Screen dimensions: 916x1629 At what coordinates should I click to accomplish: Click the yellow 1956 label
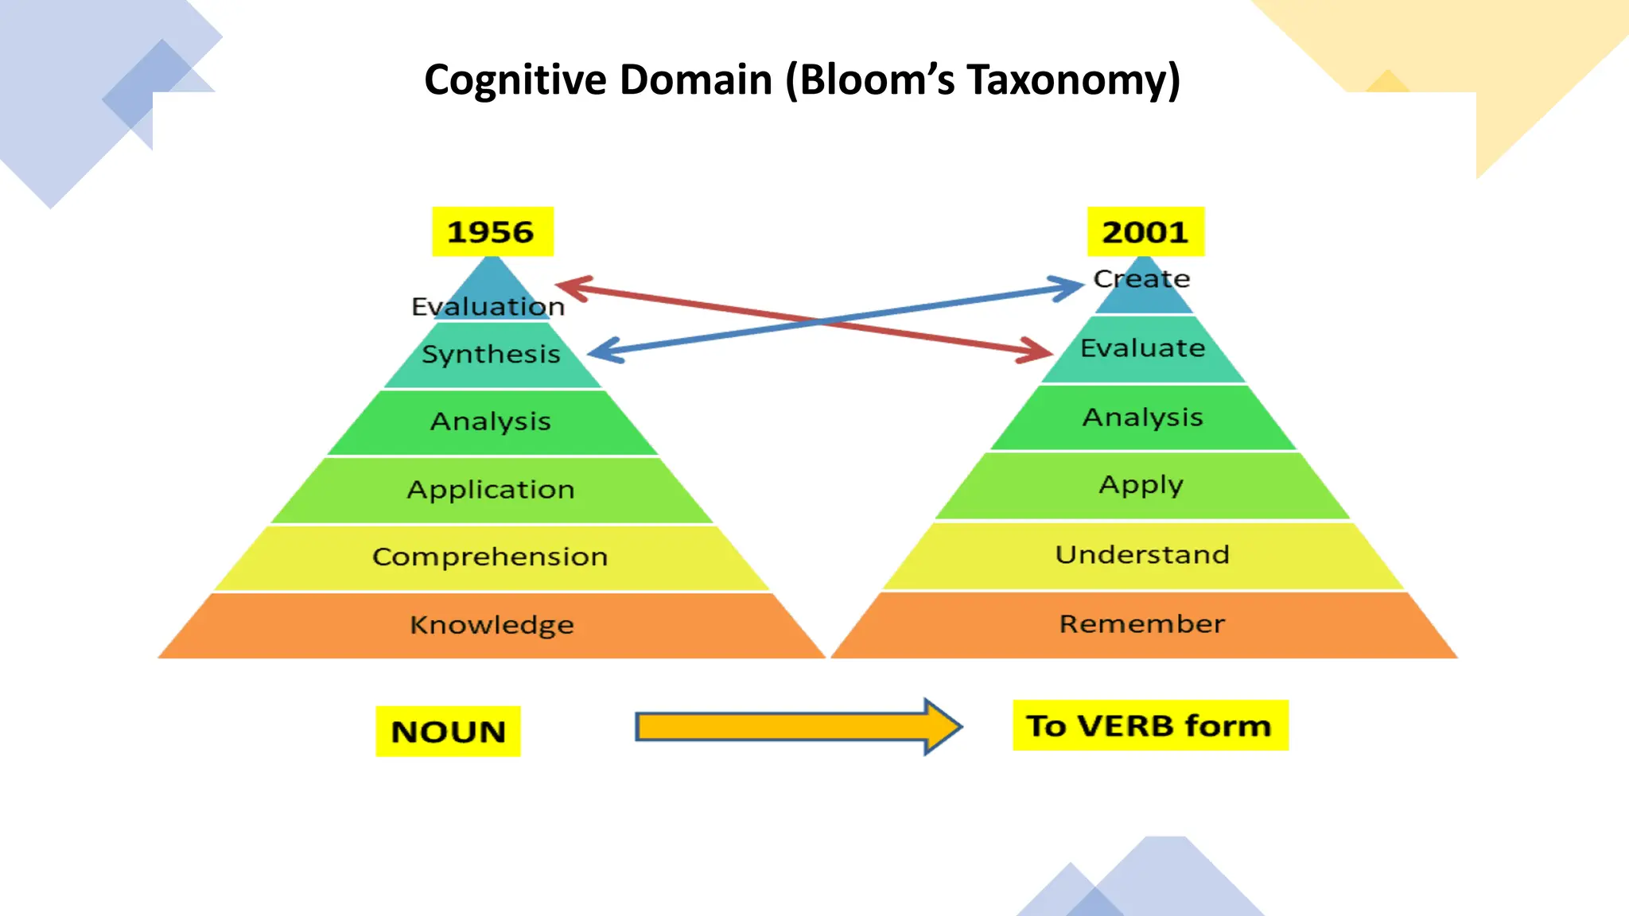(492, 232)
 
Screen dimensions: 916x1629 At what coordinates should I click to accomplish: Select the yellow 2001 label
(1145, 232)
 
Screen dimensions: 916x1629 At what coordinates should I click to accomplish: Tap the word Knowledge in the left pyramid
(492, 625)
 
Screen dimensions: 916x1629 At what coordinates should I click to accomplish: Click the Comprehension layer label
(490, 557)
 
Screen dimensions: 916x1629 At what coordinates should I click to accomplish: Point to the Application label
(491, 489)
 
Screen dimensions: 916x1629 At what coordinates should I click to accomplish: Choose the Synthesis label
(491, 354)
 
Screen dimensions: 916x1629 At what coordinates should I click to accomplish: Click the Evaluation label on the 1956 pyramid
(488, 307)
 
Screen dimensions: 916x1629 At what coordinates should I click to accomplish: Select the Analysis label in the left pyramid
(491, 421)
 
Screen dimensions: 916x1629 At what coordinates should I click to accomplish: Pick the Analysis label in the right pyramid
(1142, 417)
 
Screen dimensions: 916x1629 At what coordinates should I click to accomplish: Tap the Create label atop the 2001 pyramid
(1141, 279)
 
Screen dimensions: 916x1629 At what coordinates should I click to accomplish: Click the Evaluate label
(1142, 348)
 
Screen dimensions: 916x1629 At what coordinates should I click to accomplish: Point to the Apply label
(1141, 485)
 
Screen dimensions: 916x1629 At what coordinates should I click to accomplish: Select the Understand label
(1142, 554)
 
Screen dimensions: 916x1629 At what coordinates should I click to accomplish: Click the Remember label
(1142, 624)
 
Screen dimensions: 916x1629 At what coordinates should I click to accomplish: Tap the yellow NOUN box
(448, 732)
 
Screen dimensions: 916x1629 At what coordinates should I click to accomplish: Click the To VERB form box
(1150, 726)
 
